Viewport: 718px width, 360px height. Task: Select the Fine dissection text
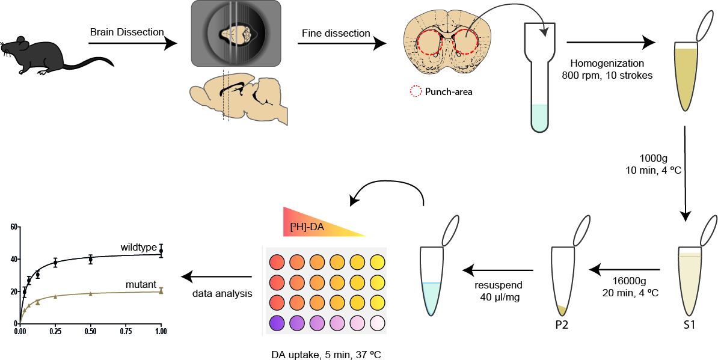pos(335,33)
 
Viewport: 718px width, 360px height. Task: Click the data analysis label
pos(219,293)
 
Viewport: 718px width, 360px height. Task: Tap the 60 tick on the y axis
pos(13,227)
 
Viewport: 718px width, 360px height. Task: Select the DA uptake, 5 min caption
pos(325,353)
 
